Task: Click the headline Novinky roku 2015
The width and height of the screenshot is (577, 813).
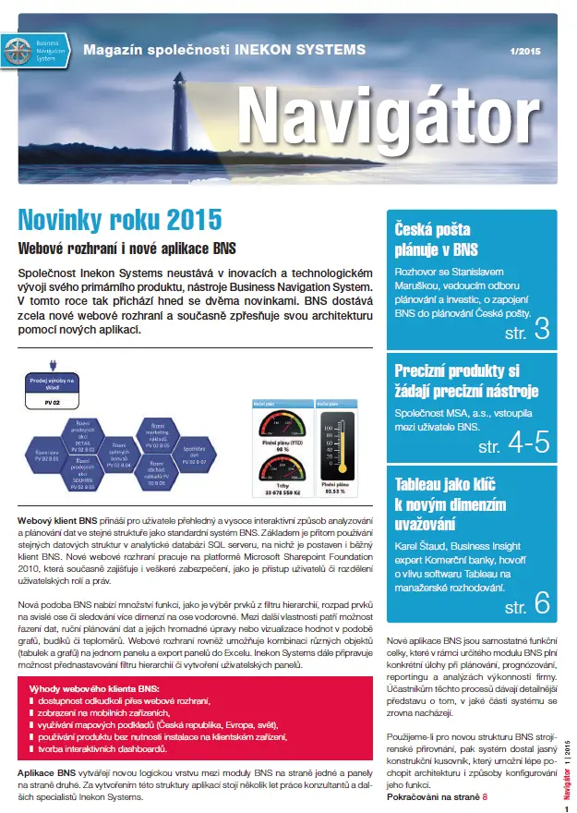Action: point(120,220)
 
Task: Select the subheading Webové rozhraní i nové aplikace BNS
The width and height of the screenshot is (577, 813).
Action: point(126,248)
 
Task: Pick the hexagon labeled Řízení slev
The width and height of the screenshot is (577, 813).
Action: point(36,453)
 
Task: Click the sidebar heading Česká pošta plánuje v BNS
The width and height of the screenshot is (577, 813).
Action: point(436,240)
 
